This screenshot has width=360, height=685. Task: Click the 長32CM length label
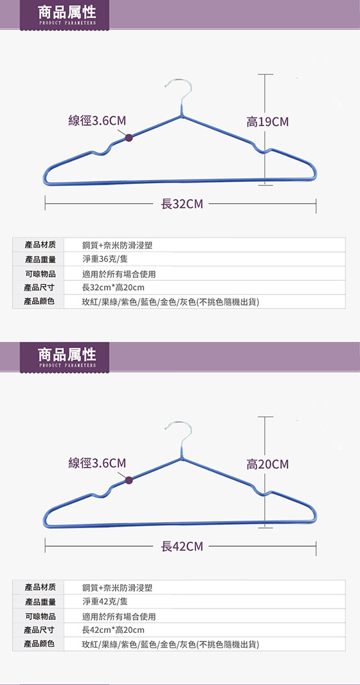point(182,204)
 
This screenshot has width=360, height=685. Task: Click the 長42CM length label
point(182,546)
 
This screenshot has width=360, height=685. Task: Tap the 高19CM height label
point(267,122)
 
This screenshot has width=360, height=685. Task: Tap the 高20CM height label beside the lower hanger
point(267,464)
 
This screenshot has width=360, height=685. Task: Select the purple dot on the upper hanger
point(129,138)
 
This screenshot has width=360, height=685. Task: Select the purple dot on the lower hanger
point(129,480)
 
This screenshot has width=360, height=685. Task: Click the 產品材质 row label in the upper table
point(40,245)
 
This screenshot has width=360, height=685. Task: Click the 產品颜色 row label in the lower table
point(40,644)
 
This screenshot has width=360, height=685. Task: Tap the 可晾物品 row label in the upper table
point(40,274)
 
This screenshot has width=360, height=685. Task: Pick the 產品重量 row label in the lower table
point(40,602)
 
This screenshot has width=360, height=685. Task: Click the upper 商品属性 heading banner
point(65,15)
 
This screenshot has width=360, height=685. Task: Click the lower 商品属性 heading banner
point(65,357)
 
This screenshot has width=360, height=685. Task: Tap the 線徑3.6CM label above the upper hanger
point(98,121)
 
